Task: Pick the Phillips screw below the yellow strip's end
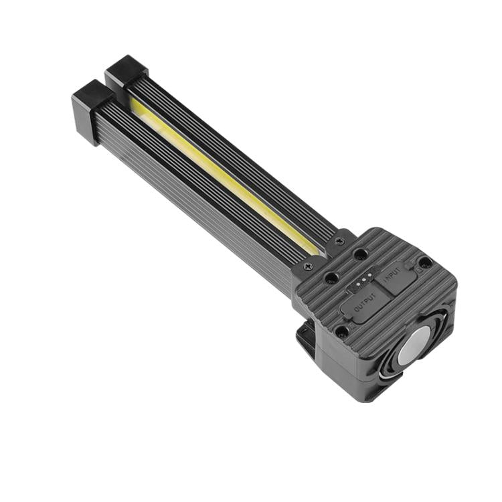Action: point(307,267)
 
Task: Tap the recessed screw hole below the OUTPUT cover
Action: point(342,331)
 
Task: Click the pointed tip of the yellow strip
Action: point(315,254)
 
